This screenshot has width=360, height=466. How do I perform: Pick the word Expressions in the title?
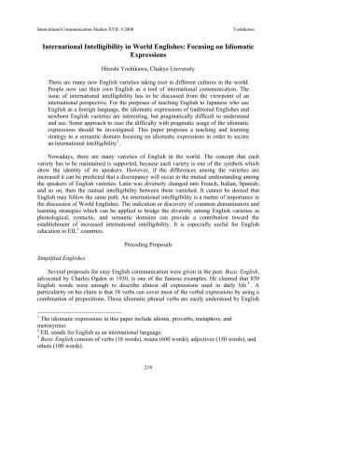179,53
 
